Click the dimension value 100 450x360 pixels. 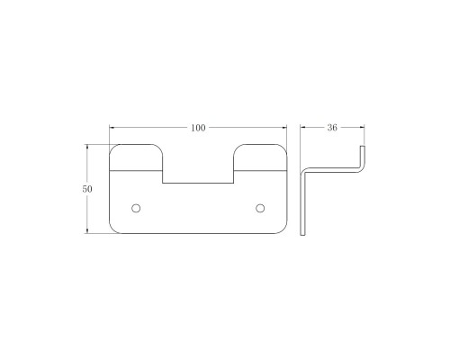(198, 128)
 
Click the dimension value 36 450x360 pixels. (332, 128)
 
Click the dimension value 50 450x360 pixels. (87, 189)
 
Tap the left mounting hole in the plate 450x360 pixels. (136, 208)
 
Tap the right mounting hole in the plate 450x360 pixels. (260, 208)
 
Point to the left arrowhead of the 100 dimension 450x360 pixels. (112, 128)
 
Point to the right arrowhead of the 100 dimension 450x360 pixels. (283, 128)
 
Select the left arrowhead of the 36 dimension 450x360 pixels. (303, 128)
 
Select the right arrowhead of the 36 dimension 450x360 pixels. (362, 128)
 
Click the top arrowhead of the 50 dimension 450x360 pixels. (87, 148)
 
